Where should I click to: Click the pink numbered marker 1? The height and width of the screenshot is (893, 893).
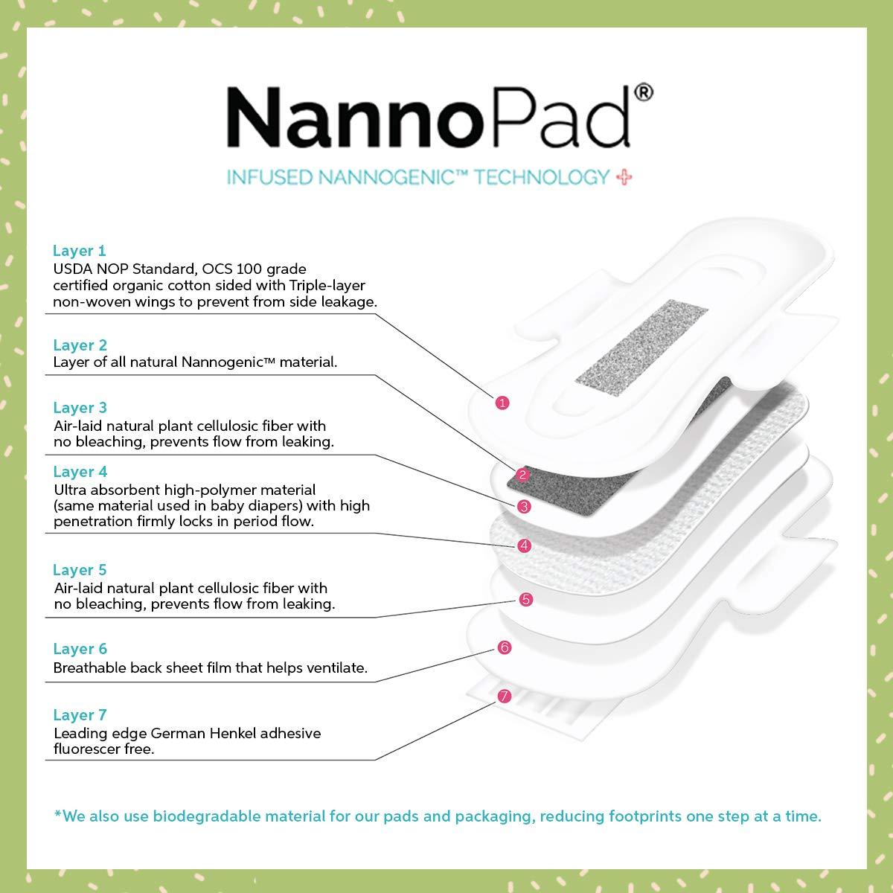tap(502, 403)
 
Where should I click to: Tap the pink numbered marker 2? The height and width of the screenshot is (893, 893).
tap(522, 475)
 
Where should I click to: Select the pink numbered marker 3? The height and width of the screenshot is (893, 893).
tap(524, 506)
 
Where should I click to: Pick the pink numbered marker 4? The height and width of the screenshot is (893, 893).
tap(524, 545)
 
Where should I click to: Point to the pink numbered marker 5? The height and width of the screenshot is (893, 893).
tap(525, 599)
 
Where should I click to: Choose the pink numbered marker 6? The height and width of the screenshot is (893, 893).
tap(505, 647)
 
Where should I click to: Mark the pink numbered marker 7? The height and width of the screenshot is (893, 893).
tap(504, 697)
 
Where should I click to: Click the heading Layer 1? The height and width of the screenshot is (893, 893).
tap(80, 251)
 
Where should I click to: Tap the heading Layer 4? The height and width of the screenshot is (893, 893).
tap(80, 472)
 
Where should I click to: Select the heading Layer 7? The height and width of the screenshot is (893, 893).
tap(80, 715)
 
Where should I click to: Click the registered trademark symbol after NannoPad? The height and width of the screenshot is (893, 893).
tap(644, 92)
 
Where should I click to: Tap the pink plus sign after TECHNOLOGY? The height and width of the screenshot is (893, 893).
tap(624, 177)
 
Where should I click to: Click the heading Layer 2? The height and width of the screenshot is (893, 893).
tap(80, 345)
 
